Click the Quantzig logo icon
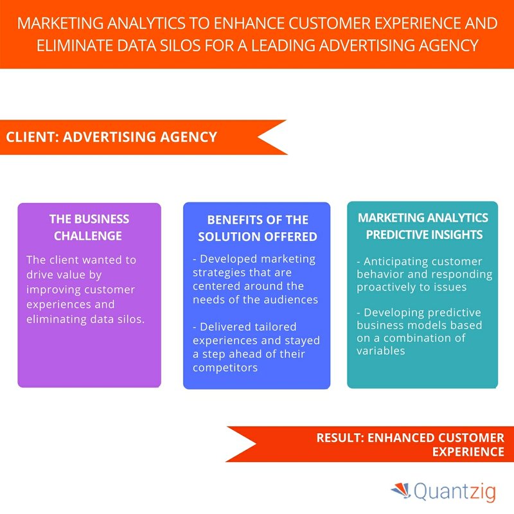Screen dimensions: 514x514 coord(401,491)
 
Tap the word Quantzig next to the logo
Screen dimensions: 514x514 coord(455,492)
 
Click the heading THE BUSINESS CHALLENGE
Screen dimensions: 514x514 coord(89,227)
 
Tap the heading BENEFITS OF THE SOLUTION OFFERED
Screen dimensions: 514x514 coord(258,228)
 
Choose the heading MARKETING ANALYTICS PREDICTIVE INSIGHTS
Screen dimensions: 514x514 coord(423,226)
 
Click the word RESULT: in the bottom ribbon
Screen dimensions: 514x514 coord(341,438)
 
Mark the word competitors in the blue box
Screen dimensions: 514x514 coord(226,368)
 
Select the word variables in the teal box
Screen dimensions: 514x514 coord(381,351)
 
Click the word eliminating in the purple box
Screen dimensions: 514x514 coord(57,319)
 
